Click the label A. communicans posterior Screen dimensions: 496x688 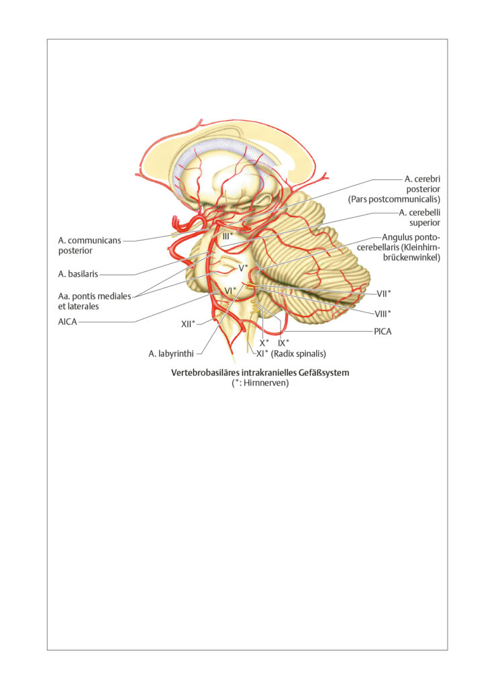[x=90, y=246]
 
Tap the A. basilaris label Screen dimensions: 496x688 [x=78, y=274]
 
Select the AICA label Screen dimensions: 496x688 [x=68, y=322]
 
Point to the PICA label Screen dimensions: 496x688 [x=383, y=332]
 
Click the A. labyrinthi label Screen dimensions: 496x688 [x=171, y=353]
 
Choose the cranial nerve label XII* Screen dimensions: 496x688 [x=188, y=325]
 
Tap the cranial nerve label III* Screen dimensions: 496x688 [x=228, y=236]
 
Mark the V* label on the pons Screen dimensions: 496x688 [x=243, y=267]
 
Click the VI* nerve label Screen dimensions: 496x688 [x=230, y=290]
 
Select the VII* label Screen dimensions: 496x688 [x=384, y=294]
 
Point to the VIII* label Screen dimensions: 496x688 [x=383, y=313]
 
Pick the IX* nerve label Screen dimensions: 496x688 [x=283, y=343]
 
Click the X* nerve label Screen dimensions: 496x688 [x=264, y=343]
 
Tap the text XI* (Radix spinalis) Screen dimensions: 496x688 [x=291, y=353]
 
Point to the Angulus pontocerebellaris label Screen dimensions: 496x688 [x=399, y=247]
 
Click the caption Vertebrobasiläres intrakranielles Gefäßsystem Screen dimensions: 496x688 [x=260, y=373]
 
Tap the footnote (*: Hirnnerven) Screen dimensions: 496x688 [x=260, y=383]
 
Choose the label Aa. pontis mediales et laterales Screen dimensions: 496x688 [x=95, y=302]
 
